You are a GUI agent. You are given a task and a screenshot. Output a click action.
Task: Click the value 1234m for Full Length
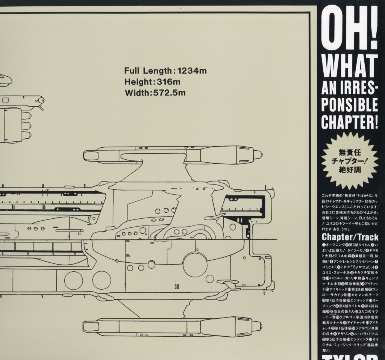[x=193, y=70]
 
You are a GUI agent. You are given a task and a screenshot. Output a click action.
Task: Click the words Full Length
[x=148, y=70]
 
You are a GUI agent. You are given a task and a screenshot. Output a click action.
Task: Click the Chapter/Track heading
[x=350, y=237]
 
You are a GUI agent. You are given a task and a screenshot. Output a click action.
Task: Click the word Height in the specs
[x=138, y=81]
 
